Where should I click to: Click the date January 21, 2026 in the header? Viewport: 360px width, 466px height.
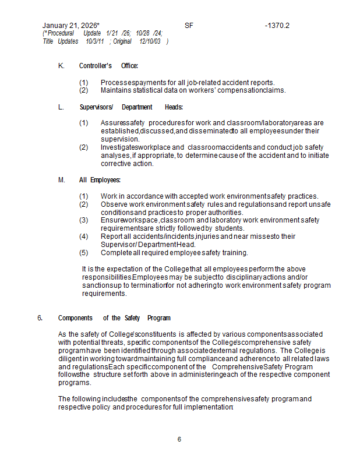coord(70,26)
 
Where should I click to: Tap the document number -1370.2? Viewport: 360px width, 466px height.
coord(277,26)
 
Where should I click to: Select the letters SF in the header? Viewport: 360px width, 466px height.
coord(189,26)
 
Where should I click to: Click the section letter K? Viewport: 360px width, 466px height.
coord(61,66)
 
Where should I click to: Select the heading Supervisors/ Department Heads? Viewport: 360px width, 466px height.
coord(131,107)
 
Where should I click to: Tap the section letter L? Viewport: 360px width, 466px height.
coord(61,107)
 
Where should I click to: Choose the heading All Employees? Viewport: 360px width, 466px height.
coord(100,180)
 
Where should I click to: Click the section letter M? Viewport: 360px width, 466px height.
coord(62,180)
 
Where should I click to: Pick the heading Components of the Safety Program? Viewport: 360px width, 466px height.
coord(114,318)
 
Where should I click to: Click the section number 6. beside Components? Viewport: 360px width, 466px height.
coord(40,318)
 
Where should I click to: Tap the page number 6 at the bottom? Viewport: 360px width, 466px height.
coord(179,439)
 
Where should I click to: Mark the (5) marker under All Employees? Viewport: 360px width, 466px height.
coord(84,253)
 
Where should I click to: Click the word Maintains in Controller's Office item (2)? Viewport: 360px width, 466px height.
coord(115,90)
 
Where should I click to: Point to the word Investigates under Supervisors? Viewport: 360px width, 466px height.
coord(121,147)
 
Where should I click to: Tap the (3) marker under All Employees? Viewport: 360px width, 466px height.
coord(84,220)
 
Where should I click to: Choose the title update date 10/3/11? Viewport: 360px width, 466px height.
coord(95,41)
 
